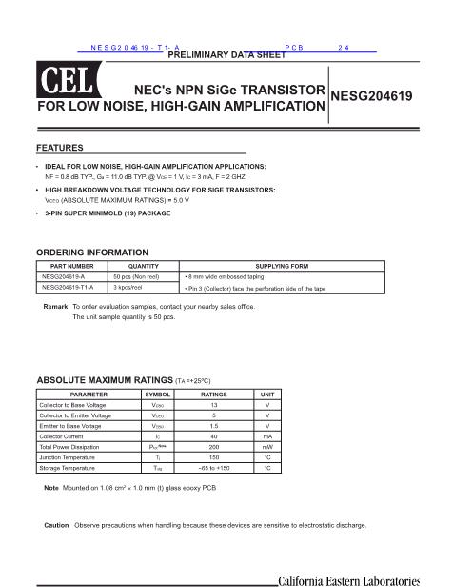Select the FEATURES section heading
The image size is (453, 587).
pos(59,148)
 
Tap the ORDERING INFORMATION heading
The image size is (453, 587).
pos(91,253)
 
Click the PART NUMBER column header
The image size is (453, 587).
pos(72,266)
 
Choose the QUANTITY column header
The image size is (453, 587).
pos(143,266)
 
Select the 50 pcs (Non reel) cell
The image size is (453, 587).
pos(135,276)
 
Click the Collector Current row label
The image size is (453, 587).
pos(68,436)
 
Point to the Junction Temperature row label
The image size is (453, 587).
pos(72,457)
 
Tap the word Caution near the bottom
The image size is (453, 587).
pos(56,525)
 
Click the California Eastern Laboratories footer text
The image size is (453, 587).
pos(348,579)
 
